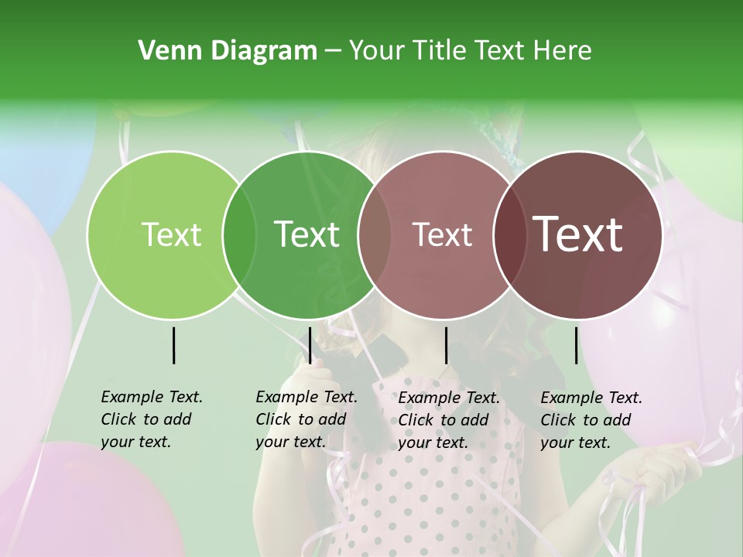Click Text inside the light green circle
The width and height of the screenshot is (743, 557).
pos(171,234)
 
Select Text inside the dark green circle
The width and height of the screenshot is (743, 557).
pos(306,234)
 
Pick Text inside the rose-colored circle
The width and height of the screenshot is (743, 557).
pos(442,234)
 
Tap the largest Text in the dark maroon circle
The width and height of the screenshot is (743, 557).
pos(578,234)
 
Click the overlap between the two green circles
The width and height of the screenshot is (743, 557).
pos(239,234)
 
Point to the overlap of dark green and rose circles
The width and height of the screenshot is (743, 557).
pos(375,234)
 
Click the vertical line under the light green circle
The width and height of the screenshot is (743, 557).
pos(173,345)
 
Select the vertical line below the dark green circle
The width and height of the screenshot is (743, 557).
pos(310,345)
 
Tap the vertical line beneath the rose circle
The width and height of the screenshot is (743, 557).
pos(446,345)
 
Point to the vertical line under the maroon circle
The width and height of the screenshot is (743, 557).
pos(576,345)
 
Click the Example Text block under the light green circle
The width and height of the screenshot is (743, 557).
pos(152,419)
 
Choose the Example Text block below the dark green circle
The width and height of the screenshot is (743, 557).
pos(306,419)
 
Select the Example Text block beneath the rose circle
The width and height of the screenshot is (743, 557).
pos(449,420)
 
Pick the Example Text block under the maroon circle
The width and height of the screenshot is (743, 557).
pos(591,420)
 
